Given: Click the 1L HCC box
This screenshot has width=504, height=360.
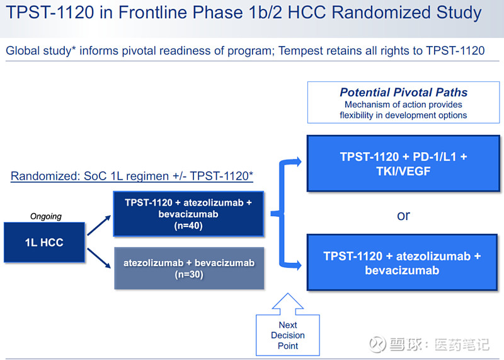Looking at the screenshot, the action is point(44,242).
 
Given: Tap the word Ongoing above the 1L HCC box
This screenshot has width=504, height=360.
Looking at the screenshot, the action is point(45,216).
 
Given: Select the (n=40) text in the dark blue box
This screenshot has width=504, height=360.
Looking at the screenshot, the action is point(188,226).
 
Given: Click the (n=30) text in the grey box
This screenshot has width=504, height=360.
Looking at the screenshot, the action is point(189,274).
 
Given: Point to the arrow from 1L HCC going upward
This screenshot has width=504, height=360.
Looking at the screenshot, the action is point(99,225).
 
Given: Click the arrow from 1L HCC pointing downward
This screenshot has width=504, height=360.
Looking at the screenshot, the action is point(99,258).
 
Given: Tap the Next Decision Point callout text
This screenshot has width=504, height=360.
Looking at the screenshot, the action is point(288,335).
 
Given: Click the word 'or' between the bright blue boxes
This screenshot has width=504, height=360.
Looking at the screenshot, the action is point(403,216).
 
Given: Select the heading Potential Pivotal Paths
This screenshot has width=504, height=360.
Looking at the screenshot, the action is point(403,92).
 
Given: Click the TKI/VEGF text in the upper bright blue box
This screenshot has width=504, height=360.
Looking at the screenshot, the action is point(403,171).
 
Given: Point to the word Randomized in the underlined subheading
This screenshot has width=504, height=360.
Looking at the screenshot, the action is point(45,176).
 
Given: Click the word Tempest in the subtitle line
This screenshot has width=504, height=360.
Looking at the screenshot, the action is point(301,51).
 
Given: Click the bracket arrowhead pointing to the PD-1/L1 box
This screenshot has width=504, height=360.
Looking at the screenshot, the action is point(298,161).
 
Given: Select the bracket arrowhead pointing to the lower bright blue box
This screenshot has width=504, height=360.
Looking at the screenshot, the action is point(298,265).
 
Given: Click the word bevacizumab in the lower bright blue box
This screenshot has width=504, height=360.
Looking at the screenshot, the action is point(402,270).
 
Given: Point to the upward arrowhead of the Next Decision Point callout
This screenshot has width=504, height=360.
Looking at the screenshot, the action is point(288,301).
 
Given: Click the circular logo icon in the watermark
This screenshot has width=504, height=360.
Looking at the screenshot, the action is point(377,344).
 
